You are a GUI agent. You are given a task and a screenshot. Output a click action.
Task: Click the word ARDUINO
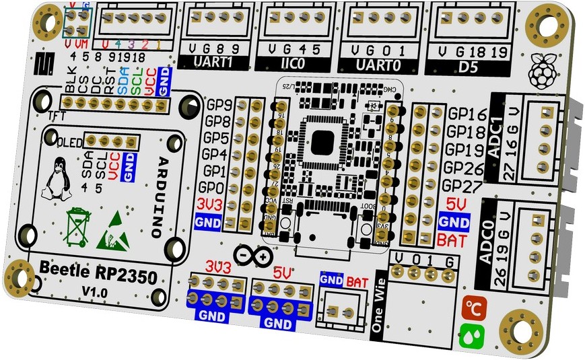click(162, 196)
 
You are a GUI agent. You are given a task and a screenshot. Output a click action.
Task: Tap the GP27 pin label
click(460, 186)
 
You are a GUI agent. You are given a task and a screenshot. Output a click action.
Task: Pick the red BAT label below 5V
click(450, 239)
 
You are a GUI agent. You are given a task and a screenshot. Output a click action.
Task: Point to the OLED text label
click(72, 142)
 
